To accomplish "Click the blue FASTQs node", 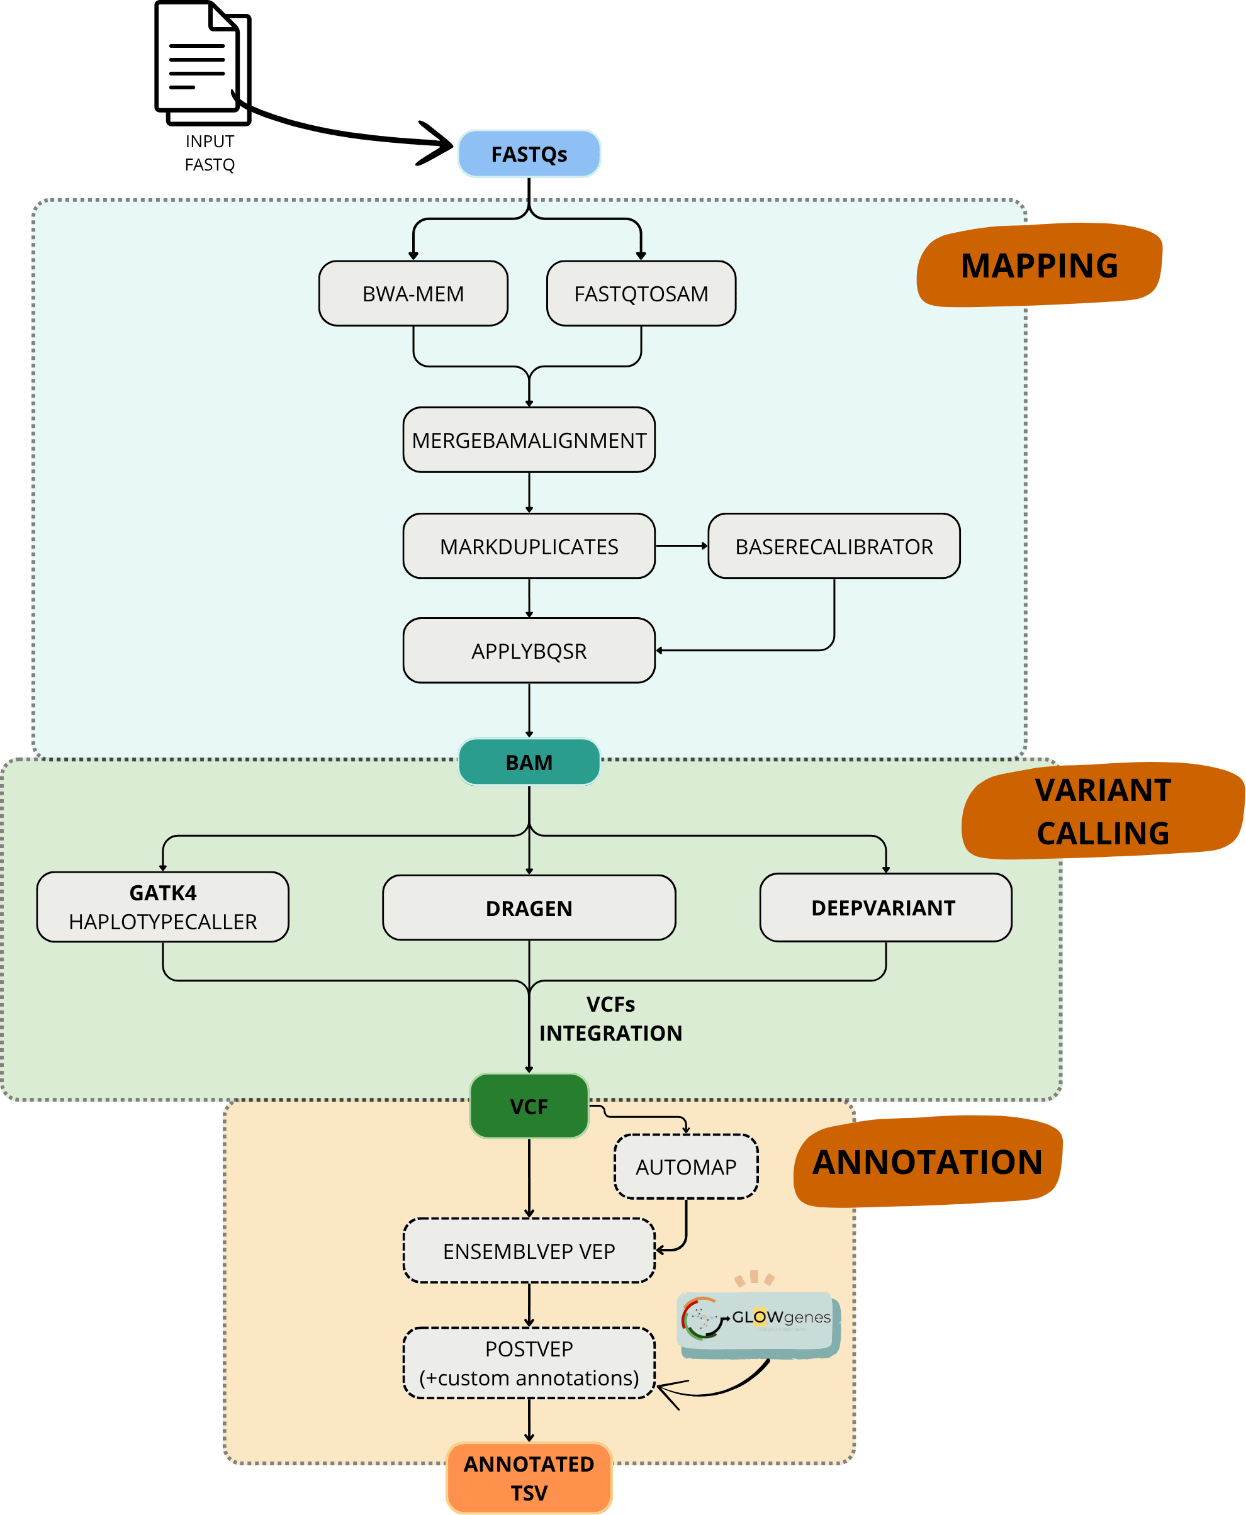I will [529, 154].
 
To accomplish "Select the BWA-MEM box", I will [413, 294].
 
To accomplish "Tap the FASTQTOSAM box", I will [641, 294].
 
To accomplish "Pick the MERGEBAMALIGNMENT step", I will [529, 440].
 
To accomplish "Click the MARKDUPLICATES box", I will [529, 546].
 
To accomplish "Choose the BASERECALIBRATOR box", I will [834, 546].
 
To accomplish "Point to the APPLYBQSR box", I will [529, 651].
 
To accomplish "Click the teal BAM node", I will [529, 762].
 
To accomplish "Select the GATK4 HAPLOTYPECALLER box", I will [163, 907].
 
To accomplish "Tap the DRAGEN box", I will [529, 908].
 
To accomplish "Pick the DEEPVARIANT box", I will [885, 908].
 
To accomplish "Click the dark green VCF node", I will [529, 1106].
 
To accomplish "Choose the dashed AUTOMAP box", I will [686, 1167].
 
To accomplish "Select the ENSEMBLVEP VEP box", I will [529, 1251].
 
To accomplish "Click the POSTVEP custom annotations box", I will [529, 1363].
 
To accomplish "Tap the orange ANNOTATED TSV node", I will [529, 1479].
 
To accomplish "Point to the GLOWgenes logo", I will [757, 1319].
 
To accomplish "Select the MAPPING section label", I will [1040, 266].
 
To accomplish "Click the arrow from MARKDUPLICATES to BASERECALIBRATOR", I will [681, 546].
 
